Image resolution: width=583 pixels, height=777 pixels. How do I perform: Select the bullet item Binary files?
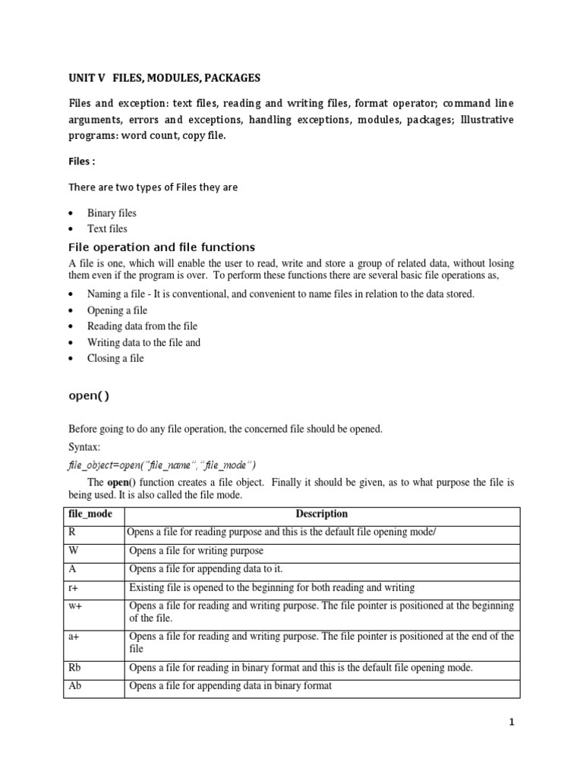point(112,213)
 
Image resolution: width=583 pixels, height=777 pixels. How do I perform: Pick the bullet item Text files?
point(107,228)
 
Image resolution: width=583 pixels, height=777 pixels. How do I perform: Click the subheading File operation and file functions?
point(162,247)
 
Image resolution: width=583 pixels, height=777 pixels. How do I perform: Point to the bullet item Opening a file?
point(117,310)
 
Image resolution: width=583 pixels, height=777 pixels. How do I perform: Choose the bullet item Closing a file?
point(115,358)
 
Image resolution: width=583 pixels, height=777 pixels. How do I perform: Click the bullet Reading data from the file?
point(142,326)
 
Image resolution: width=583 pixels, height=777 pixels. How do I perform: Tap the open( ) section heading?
point(94,395)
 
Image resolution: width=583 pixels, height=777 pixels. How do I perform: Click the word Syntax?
point(84,448)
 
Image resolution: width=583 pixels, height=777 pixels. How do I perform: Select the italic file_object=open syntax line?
point(162,464)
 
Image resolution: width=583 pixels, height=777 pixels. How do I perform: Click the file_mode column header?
point(90,514)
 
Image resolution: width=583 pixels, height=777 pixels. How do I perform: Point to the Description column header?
point(322,514)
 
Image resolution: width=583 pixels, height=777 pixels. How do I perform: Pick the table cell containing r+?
point(74,587)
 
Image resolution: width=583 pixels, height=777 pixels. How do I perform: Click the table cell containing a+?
point(74,637)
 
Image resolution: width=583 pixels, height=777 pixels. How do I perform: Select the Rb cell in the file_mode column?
point(74,668)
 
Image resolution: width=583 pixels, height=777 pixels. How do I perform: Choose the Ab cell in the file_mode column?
point(74,686)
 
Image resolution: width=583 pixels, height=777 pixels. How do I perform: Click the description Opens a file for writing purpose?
point(197,550)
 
